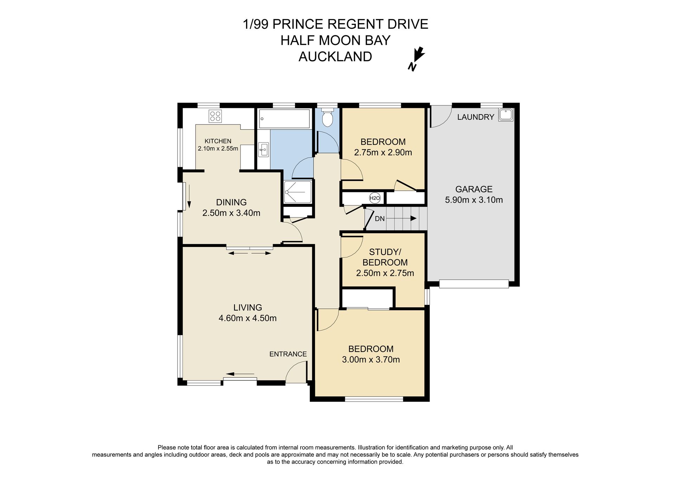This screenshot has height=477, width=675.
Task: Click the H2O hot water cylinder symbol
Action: pyautogui.click(x=375, y=198)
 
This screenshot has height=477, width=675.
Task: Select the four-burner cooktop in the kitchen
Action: pyautogui.click(x=215, y=116)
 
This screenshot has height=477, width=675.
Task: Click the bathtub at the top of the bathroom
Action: pyautogui.click(x=285, y=119)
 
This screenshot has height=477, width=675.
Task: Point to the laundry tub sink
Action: pyautogui.click(x=506, y=115)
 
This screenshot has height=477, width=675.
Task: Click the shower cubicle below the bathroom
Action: pyautogui.click(x=298, y=192)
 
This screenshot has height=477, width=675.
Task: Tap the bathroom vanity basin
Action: pyautogui.click(x=263, y=150)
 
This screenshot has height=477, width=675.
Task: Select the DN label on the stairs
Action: pyautogui.click(x=380, y=219)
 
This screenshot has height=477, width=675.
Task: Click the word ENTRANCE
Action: pyautogui.click(x=288, y=354)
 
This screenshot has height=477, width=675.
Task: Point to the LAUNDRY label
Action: pyautogui.click(x=476, y=117)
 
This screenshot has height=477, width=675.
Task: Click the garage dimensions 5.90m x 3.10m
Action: pyautogui.click(x=474, y=200)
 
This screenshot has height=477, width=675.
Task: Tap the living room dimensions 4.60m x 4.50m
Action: pyautogui.click(x=247, y=318)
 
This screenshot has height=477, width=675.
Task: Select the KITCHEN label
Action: pyautogui.click(x=218, y=141)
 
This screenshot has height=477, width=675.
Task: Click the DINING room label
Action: pyautogui.click(x=231, y=202)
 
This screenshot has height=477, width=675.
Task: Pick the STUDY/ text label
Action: pyautogui.click(x=385, y=252)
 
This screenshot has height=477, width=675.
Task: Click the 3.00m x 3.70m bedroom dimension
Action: pyautogui.click(x=371, y=360)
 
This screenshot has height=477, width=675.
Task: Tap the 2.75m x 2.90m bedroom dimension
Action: pyautogui.click(x=383, y=152)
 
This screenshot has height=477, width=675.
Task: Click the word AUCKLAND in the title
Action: pyautogui.click(x=335, y=57)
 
